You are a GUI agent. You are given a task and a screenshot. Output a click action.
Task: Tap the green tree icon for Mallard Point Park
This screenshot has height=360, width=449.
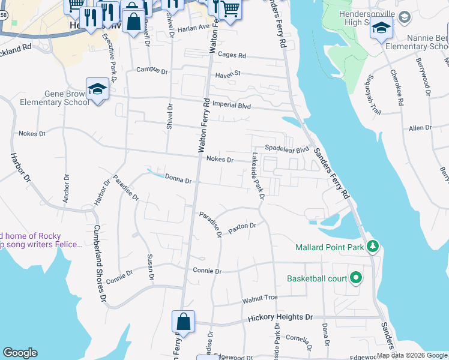click(x=372, y=246)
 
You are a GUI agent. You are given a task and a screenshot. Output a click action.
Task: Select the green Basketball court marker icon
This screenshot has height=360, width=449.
click(x=355, y=278)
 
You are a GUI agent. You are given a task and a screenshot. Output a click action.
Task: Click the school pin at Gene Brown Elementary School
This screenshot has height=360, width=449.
click(x=97, y=89)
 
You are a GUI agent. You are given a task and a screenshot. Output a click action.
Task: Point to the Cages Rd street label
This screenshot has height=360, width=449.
click(x=232, y=55)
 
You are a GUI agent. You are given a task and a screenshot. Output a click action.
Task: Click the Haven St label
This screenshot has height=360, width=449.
click(x=228, y=73)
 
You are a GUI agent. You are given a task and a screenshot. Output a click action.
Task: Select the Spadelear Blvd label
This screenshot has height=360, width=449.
click(x=287, y=148)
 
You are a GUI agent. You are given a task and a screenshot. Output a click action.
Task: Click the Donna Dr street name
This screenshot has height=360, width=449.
click(x=178, y=179)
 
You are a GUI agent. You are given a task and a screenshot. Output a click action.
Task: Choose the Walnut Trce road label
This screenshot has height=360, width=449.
click(x=259, y=298)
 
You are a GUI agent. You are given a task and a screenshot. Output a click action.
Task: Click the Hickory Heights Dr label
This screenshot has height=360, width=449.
click(x=280, y=316)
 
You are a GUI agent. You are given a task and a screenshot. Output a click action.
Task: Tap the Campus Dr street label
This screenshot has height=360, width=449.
click(x=152, y=70)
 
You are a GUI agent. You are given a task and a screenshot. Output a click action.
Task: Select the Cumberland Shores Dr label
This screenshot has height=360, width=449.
click(x=99, y=263)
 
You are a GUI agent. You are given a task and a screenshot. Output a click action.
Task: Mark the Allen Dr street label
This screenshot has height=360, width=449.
click(x=420, y=128)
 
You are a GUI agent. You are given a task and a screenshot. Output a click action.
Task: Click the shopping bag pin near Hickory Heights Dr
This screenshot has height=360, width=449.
click(x=183, y=322)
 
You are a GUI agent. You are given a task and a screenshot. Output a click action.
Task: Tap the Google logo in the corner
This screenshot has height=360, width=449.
click(x=20, y=353)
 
